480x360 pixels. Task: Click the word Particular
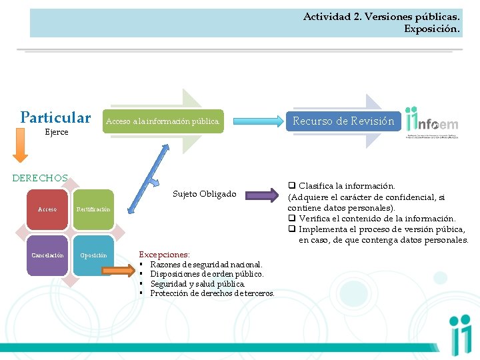click(55, 118)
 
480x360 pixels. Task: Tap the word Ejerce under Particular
click(56, 132)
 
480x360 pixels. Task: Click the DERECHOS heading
click(40, 178)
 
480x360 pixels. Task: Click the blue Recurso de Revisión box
click(343, 121)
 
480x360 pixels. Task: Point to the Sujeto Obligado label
click(204, 194)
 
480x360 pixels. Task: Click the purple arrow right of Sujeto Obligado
click(265, 195)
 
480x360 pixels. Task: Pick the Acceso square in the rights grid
click(47, 209)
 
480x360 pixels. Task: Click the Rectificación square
click(93, 209)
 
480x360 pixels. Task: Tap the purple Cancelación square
click(47, 255)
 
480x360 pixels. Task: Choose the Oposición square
click(93, 255)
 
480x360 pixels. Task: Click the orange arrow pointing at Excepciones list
click(120, 270)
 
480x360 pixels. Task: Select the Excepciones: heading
click(164, 255)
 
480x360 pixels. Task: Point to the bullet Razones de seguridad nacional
click(206, 265)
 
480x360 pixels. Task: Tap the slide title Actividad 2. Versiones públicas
click(381, 17)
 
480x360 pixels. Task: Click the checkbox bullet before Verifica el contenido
click(292, 219)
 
